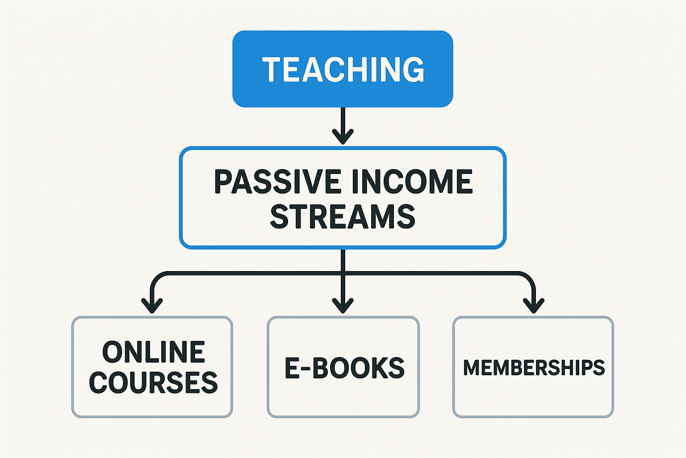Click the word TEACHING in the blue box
coord(343,69)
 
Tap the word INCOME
coord(412,181)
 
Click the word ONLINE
coord(154,352)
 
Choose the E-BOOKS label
coord(344,368)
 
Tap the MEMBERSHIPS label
coord(534,367)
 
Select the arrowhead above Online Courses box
coord(152,305)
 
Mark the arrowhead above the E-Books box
coord(343,305)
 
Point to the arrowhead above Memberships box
coord(534,305)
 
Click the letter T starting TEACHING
coord(272,70)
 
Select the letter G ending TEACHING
coord(414,70)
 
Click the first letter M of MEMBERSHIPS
coord(471,368)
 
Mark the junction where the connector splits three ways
coord(343,273)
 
